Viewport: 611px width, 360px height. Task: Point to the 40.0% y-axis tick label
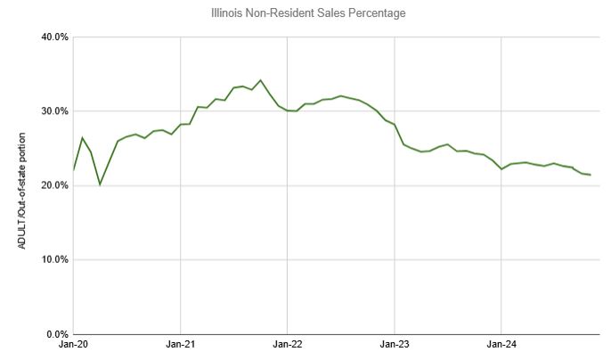55,37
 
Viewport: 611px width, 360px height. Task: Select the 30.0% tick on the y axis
55,111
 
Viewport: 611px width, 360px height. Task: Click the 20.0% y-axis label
55,185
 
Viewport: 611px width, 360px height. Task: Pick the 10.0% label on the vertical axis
55,259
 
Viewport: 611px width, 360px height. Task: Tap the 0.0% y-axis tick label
58,333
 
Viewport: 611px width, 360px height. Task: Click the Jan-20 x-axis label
73,343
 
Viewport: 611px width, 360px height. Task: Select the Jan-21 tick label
180,343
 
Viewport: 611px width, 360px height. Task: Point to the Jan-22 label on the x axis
287,343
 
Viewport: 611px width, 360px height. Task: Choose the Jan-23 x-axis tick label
394,343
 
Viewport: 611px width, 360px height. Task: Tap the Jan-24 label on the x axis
501,343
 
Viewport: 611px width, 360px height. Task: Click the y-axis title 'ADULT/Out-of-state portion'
20,184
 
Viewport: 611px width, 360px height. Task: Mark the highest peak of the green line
260,80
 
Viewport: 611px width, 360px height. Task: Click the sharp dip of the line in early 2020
100,184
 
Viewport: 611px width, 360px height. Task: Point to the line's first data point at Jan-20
74,169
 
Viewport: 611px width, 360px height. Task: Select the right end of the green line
591,175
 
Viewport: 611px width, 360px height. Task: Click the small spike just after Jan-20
82,138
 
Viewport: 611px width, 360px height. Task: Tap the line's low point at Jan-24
501,169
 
